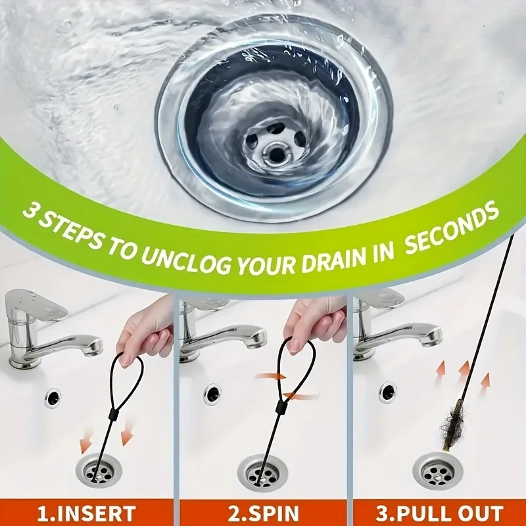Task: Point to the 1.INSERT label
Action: pyautogui.click(x=86, y=513)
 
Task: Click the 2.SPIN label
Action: pyautogui.click(x=264, y=513)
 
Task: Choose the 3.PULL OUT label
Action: pyautogui.click(x=440, y=513)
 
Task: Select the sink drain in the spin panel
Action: pyautogui.click(x=262, y=473)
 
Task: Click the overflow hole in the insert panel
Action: pyautogui.click(x=53, y=398)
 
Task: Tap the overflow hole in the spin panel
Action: pyautogui.click(x=212, y=394)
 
